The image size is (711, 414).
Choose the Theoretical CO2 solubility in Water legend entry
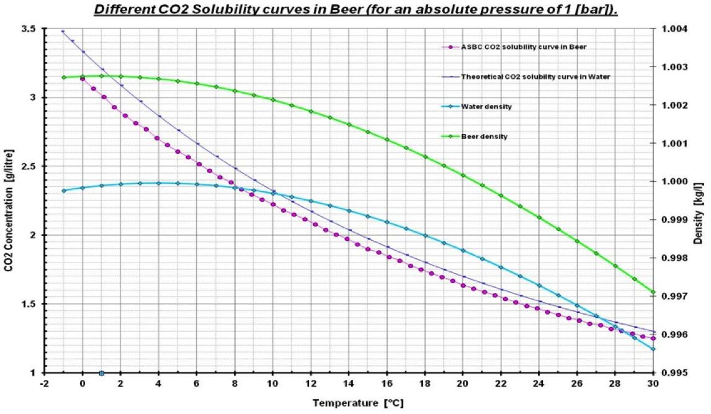[x=535, y=77]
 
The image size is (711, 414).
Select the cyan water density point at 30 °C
[x=653, y=349]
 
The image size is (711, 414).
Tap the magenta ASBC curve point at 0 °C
[x=83, y=79]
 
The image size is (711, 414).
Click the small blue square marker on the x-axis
[x=102, y=373]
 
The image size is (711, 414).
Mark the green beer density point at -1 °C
[x=63, y=77]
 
